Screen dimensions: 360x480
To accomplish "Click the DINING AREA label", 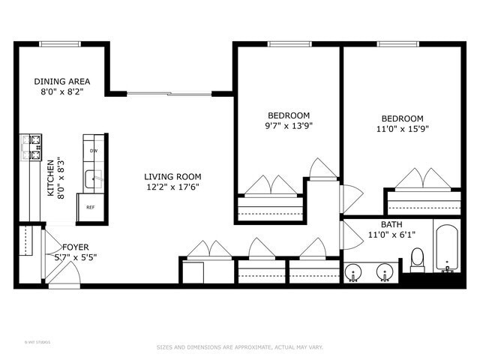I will tap(62, 81).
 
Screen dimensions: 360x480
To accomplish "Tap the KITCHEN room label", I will tap(51, 178).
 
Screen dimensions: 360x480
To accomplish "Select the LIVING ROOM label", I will tap(172, 177).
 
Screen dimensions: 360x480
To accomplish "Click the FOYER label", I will tap(75, 247).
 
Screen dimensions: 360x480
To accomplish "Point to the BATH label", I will tap(391, 224).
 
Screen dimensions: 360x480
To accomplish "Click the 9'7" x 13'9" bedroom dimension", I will tap(289, 126).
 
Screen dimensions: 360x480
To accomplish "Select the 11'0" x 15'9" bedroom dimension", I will tap(402, 129).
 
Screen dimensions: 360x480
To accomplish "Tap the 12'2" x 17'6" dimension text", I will tap(172, 187).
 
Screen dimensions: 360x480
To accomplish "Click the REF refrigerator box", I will tap(91, 208).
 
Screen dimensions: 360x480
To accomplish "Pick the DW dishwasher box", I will tap(94, 151).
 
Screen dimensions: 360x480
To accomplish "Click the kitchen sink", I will tap(93, 178).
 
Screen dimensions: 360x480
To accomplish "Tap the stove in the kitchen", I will tap(30, 148).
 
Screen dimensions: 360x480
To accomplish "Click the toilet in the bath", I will tap(417, 259).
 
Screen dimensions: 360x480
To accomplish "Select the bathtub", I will tap(447, 246).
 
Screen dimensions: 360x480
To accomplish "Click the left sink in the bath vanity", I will tap(353, 272).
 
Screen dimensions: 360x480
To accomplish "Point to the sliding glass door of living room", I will tap(169, 94).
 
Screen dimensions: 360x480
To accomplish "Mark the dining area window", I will tap(61, 44).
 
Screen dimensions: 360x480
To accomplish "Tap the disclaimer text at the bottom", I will tap(239, 347).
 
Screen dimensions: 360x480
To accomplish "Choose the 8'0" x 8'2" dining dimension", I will tap(62, 91).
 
